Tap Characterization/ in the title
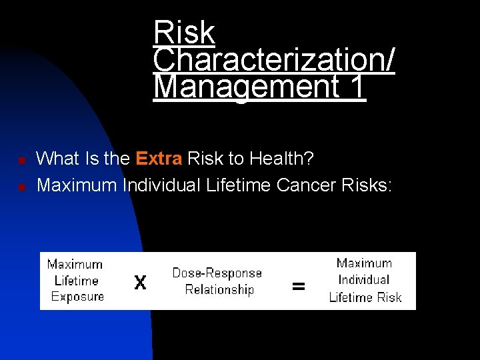point(273,60)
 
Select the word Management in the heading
point(244,87)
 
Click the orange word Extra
point(159,159)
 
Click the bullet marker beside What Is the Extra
point(21,161)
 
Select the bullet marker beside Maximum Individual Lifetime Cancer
point(21,187)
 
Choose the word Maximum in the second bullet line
point(77,185)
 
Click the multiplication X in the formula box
point(140,283)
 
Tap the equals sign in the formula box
point(299,287)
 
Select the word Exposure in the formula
point(77,297)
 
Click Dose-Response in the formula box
point(217,273)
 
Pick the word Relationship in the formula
point(219,289)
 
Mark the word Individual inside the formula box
point(364,280)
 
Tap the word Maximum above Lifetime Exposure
point(75,265)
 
